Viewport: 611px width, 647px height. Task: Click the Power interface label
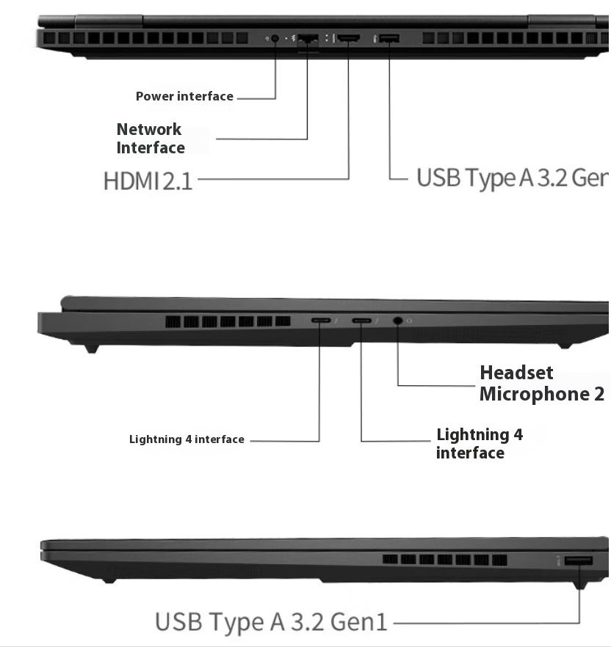[184, 96]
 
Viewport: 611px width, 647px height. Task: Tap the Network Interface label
[151, 138]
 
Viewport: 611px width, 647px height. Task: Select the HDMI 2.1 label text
[148, 180]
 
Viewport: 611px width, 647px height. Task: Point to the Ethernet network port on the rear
[308, 38]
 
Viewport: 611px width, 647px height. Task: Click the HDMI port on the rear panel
[348, 37]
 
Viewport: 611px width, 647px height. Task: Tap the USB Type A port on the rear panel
[389, 37]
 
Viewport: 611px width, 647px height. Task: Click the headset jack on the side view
[398, 321]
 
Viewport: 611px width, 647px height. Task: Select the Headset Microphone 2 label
[542, 383]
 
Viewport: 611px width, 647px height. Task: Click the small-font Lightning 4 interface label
[187, 439]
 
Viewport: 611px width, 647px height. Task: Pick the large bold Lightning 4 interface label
[479, 443]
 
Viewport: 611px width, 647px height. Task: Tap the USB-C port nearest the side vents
[320, 321]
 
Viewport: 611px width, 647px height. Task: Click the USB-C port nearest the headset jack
[361, 321]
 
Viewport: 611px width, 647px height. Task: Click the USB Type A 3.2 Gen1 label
[270, 622]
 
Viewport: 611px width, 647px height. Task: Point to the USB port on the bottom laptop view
[579, 561]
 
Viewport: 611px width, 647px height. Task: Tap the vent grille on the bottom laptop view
[444, 560]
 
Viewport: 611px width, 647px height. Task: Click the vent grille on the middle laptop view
[228, 321]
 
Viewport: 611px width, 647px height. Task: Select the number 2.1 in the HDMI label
[177, 180]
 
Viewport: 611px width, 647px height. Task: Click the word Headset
[516, 373]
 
